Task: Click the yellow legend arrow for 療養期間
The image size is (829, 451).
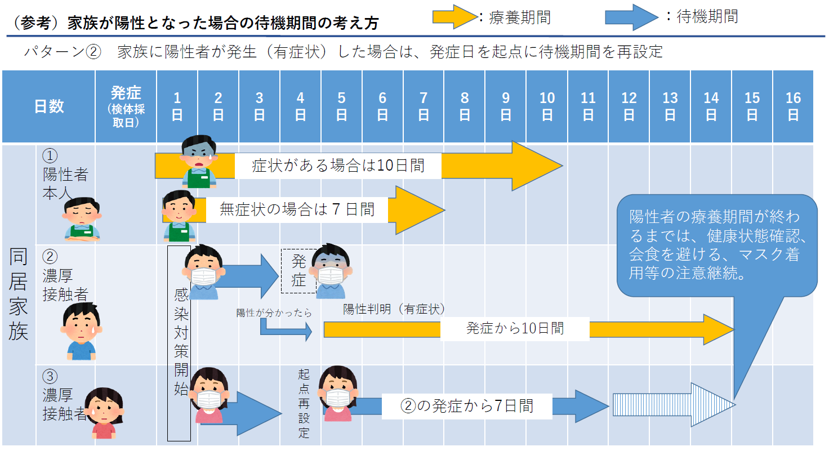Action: [x=454, y=17]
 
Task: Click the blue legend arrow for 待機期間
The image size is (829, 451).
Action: [x=631, y=17]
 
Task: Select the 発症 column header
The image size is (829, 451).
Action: [x=126, y=106]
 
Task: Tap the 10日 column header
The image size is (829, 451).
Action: [x=547, y=106]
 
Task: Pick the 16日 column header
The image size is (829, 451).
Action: [x=793, y=106]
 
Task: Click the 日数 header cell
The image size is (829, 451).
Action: [x=49, y=106]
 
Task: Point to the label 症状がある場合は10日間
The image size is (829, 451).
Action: [x=338, y=166]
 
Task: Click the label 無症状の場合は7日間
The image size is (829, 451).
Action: [x=297, y=209]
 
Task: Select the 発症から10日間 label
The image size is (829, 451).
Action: [x=515, y=328]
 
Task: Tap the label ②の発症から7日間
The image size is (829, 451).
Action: [x=467, y=405]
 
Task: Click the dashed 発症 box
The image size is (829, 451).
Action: [x=298, y=271]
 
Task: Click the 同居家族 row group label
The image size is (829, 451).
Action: [x=19, y=294]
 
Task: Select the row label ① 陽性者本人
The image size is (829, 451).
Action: [x=65, y=174]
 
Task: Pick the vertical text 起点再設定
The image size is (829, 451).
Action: [x=304, y=403]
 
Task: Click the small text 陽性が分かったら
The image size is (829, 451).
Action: [x=274, y=313]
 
